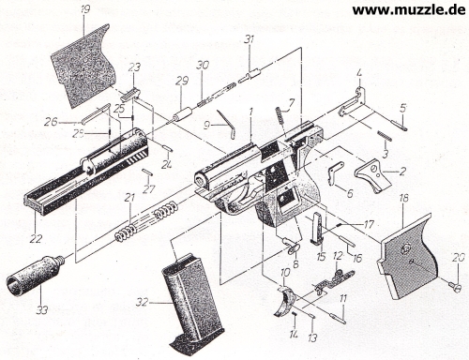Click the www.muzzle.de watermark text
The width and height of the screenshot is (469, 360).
409,9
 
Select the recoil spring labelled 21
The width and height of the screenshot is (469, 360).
147,220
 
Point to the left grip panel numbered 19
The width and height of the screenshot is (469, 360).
83,66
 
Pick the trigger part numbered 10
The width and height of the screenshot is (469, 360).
285,302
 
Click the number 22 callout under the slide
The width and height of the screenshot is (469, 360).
36,239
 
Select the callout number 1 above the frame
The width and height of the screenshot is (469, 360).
250,112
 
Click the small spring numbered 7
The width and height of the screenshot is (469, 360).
280,115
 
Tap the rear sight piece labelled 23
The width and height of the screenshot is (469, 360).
130,94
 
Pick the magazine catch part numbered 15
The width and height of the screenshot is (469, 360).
318,228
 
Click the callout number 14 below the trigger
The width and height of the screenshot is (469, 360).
294,336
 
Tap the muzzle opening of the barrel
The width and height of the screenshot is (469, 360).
200,180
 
